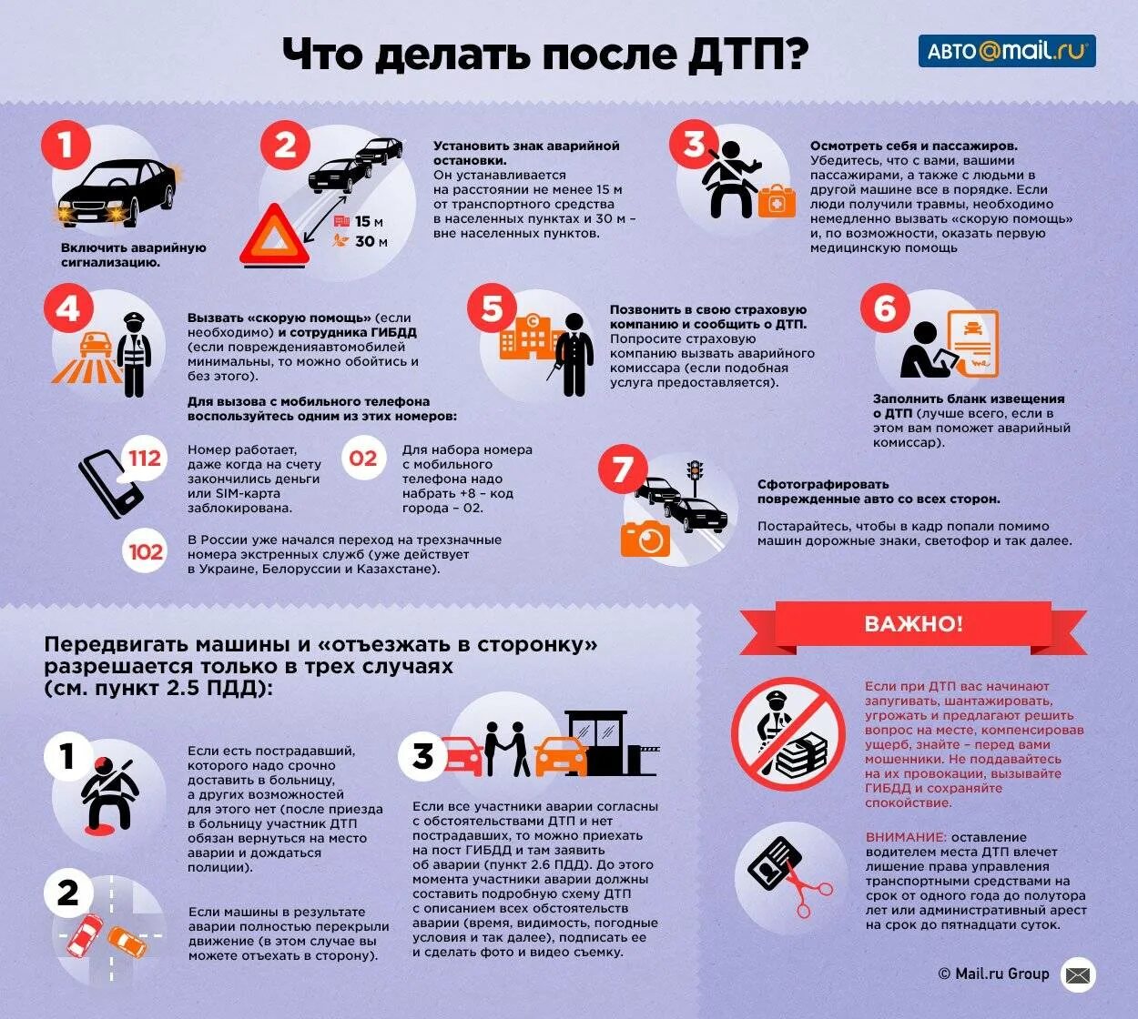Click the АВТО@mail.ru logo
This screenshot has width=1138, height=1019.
coord(1006,51)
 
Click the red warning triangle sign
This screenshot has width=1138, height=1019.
coord(274,236)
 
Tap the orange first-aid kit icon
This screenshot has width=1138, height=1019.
coord(777,201)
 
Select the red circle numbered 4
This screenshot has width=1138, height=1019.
coord(68,308)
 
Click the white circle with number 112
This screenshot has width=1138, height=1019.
coord(144,459)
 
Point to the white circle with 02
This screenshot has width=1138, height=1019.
coord(362,459)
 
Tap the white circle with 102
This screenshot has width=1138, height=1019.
coord(145,552)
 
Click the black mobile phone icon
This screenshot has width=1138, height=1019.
coord(109,484)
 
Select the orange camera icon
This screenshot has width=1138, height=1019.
coord(645,540)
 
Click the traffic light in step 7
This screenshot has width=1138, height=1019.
coord(695,472)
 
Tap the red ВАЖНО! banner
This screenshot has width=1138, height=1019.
coord(913,624)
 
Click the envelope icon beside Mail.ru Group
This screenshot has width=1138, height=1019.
coord(1078,975)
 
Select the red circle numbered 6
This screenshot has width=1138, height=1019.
coord(885,308)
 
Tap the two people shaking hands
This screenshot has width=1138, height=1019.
coord(506,749)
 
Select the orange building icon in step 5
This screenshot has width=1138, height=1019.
coord(526,338)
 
